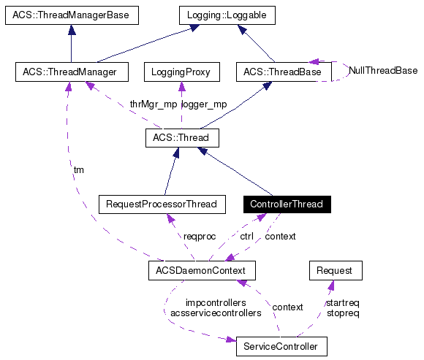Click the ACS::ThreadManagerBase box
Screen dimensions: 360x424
pos(71,15)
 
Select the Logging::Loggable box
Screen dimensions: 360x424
pos(228,15)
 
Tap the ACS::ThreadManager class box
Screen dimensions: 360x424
pos(71,72)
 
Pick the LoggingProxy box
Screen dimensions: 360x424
pos(181,72)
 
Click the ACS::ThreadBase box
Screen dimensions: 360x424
pos(283,72)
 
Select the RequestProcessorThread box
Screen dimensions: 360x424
pos(162,204)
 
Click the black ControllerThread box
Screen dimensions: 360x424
pos(286,204)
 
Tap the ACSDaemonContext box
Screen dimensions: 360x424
pos(201,270)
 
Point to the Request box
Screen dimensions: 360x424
pos(335,270)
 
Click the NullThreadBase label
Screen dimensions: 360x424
pos(383,71)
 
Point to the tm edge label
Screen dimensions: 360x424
pos(79,169)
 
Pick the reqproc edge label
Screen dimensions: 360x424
pos(200,237)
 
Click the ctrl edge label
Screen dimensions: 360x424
pos(247,237)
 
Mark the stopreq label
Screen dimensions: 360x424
pos(342,313)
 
